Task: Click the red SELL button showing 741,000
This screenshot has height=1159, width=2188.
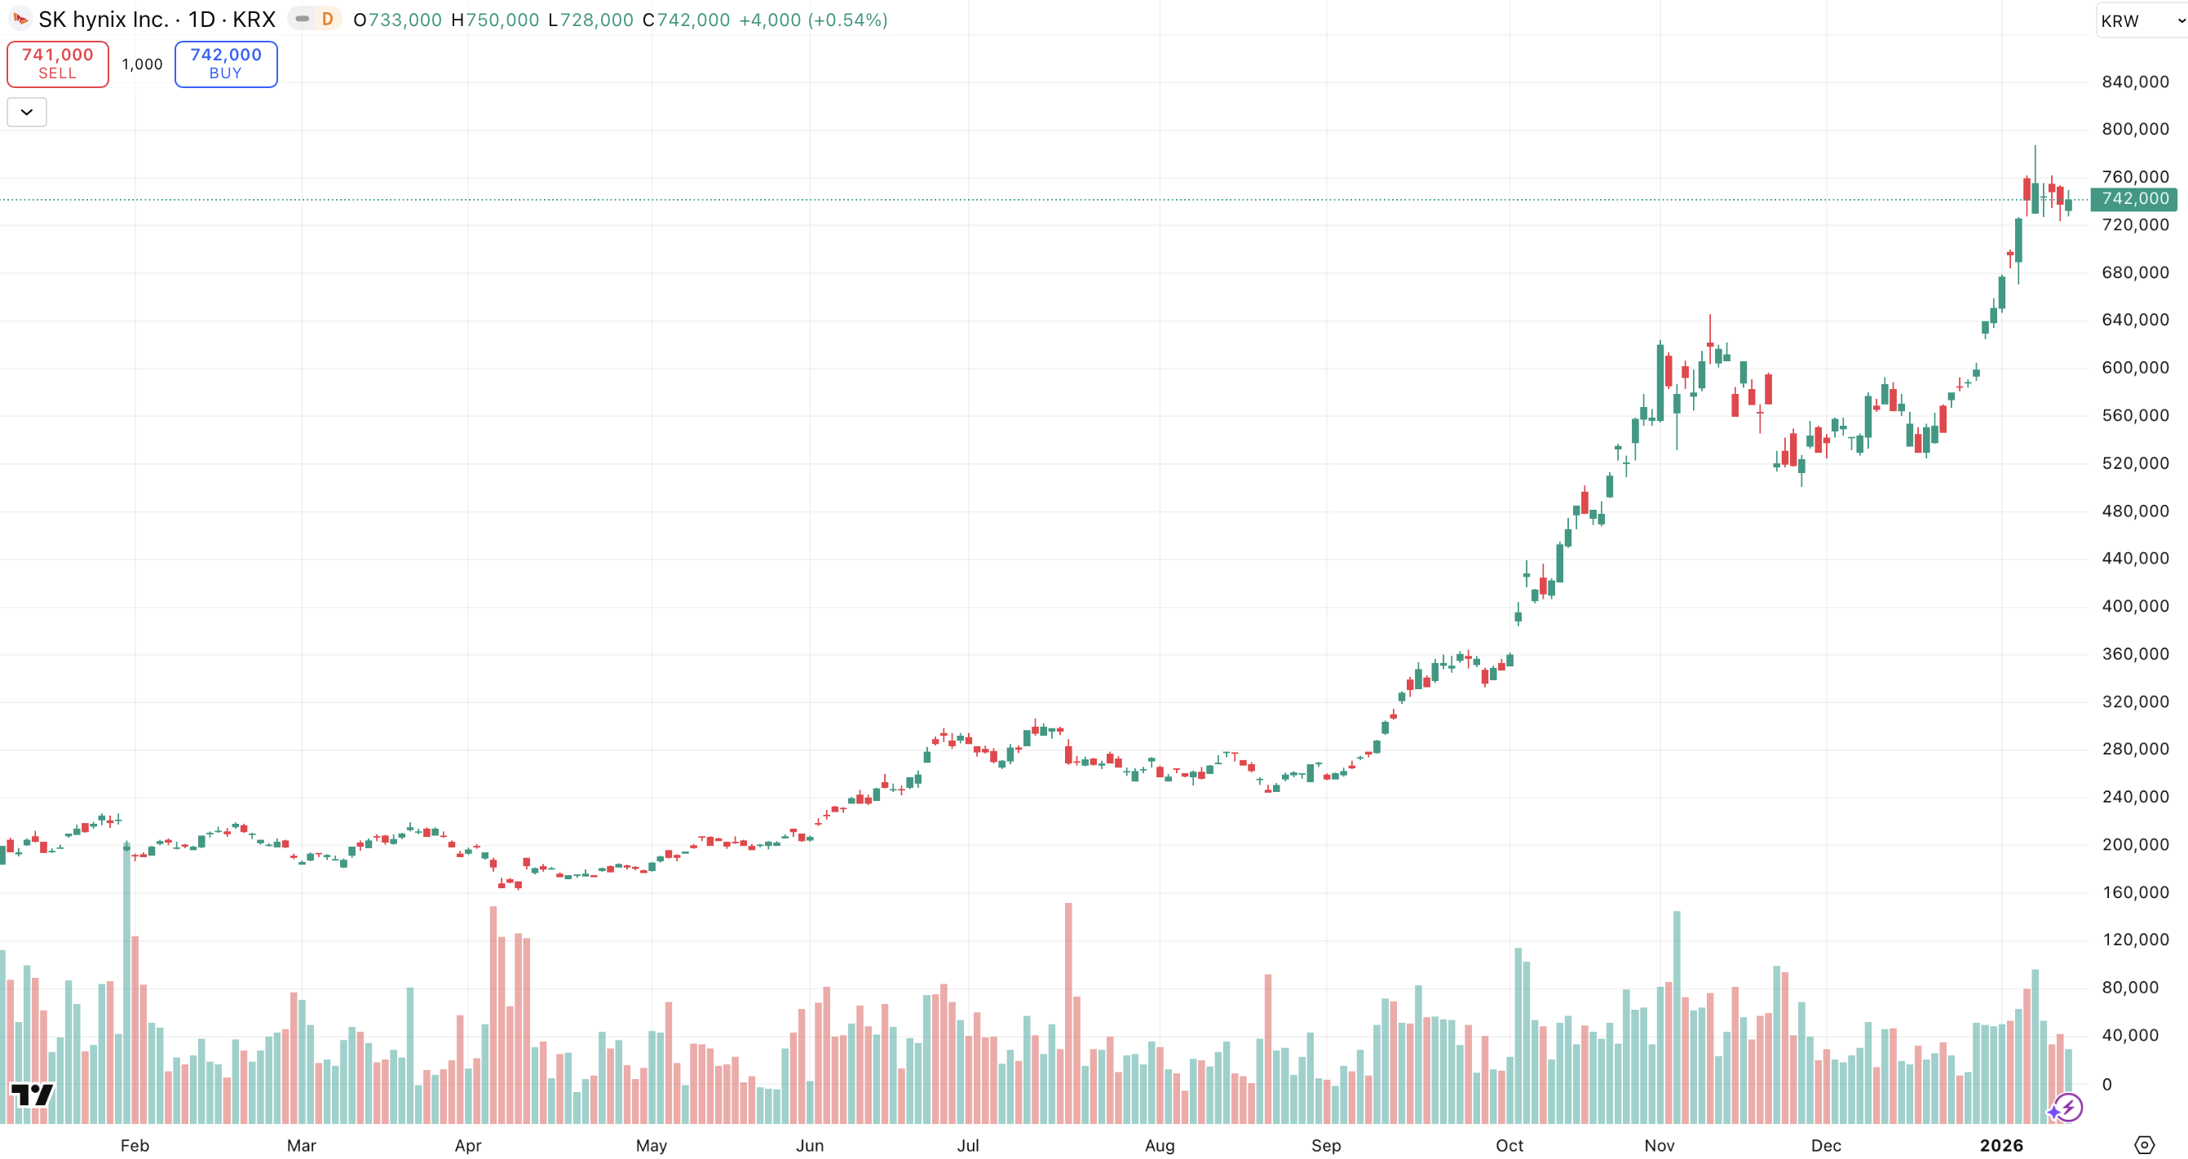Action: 58,64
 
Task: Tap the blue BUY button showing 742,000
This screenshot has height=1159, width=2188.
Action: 226,64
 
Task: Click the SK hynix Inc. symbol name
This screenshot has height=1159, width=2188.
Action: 104,20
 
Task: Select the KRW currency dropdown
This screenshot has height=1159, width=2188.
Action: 2139,21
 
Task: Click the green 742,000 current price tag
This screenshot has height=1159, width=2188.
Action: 2133,199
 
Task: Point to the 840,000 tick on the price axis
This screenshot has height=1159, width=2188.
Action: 2134,82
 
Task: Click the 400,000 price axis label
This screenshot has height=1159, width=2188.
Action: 2134,606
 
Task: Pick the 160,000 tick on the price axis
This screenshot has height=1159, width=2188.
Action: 2134,892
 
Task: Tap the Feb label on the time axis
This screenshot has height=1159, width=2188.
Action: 135,1145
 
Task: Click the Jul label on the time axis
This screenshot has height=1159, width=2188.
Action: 967,1145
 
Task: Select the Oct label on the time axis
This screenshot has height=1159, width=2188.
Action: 1509,1145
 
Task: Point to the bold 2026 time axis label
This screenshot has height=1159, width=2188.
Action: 2001,1145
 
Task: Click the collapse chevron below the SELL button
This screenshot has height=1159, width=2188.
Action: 27,113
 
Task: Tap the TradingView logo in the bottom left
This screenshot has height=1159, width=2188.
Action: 32,1095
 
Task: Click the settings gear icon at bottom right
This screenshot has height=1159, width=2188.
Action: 2144,1144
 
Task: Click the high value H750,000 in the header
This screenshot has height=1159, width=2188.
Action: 495,20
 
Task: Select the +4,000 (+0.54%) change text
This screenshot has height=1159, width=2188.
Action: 813,20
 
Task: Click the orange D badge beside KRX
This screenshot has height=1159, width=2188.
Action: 327,19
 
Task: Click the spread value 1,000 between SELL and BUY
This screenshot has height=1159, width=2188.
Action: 142,64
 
